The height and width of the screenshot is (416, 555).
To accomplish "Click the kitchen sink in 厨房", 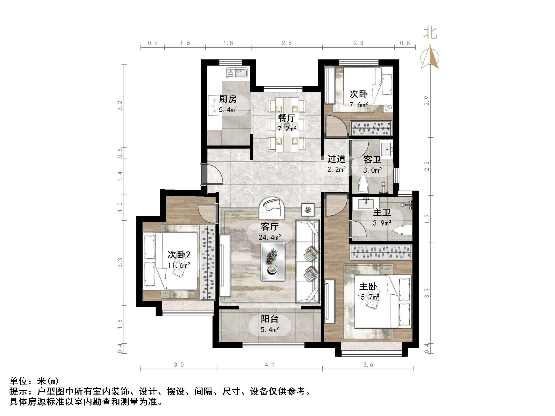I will tap(237, 73).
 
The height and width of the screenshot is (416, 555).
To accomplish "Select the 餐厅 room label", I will tap(287, 118).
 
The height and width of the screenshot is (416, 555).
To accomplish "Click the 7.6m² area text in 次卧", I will tap(359, 105).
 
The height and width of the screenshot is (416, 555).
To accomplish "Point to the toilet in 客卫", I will tap(364, 184).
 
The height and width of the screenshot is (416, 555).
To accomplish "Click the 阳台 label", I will tap(269, 319).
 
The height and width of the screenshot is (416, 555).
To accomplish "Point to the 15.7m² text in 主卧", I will tap(368, 297).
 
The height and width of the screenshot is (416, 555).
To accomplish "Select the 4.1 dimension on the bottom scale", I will tap(269, 365).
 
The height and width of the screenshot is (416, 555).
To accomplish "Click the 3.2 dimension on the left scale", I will tap(120, 106).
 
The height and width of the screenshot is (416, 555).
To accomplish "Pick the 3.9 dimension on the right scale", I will tap(427, 293).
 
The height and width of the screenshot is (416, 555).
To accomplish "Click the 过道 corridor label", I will tap(336, 159).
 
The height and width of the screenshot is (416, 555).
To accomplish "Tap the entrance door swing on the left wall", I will tap(213, 174).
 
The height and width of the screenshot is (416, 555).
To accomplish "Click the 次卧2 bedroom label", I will tap(179, 255).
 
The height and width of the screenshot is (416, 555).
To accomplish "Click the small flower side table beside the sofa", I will tap(308, 210).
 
